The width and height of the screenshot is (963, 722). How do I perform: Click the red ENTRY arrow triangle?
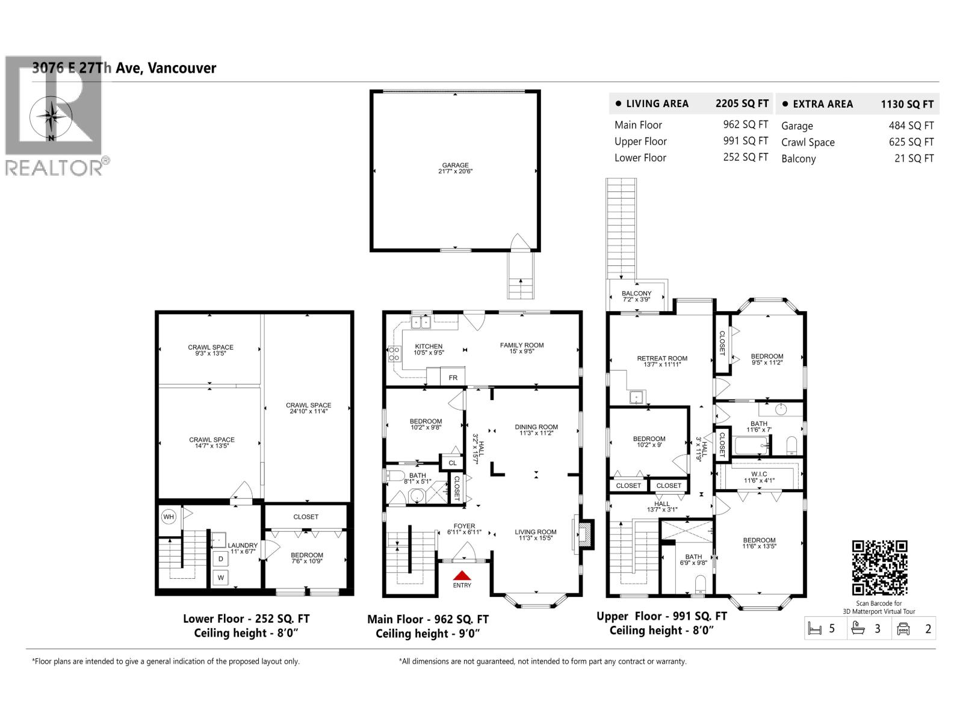(462, 576)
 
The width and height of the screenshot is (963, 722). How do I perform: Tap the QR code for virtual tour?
(879, 567)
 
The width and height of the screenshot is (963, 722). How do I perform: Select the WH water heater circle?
(169, 517)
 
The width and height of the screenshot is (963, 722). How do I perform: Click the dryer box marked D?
(221, 559)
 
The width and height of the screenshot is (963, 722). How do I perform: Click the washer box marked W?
(221, 578)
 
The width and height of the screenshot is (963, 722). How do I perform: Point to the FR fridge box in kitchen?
(453, 377)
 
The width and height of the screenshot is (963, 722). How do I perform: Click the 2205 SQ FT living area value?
(742, 103)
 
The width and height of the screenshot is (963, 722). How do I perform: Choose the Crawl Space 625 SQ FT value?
(911, 142)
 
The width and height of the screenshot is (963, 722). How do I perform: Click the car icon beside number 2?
(903, 629)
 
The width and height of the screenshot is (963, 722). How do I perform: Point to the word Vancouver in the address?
(182, 68)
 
